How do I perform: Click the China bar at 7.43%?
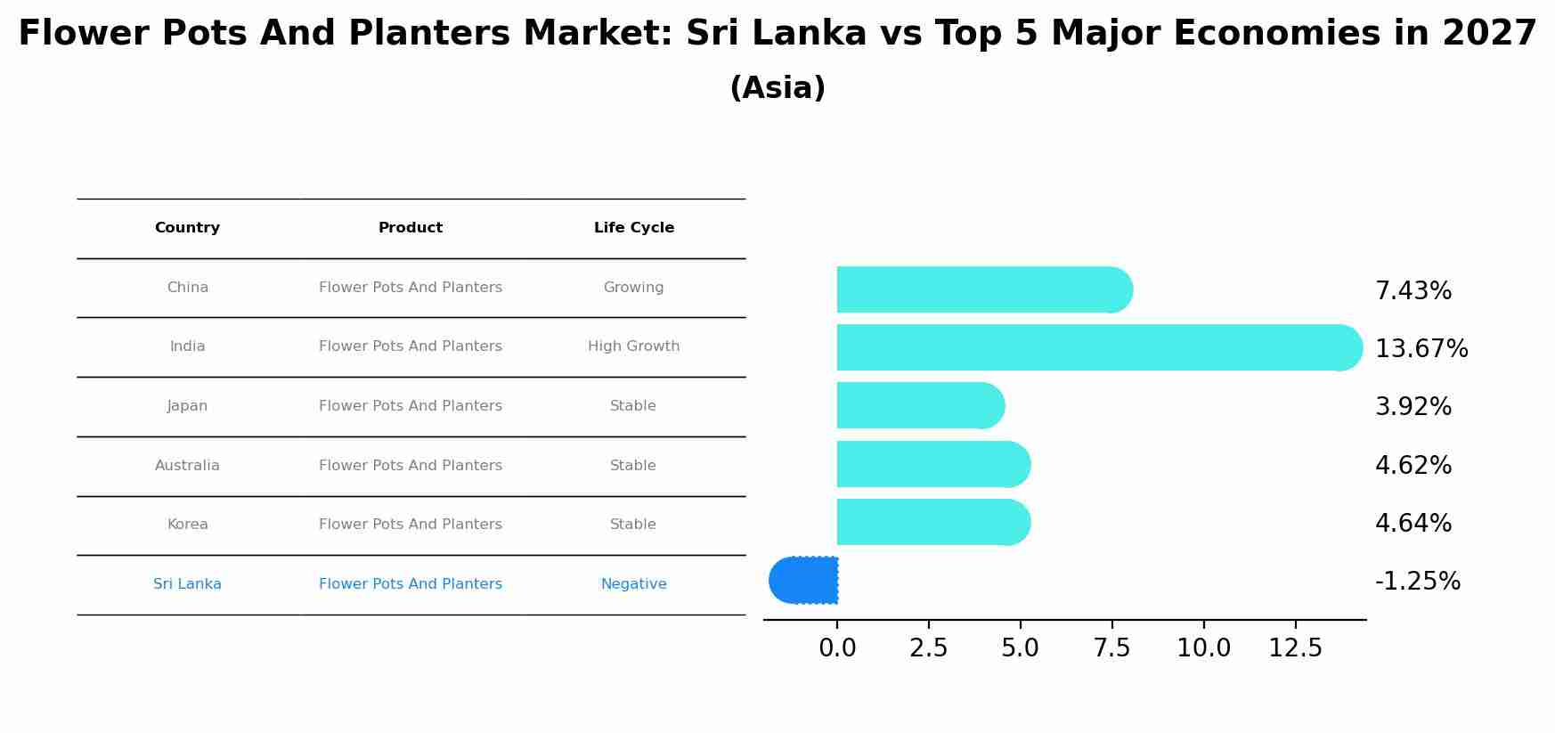click(980, 289)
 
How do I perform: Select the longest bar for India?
click(1095, 347)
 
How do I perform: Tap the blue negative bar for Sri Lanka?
click(804, 580)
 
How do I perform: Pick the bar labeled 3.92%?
click(917, 405)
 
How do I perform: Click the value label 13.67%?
click(1421, 349)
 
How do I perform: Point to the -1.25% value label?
click(1417, 582)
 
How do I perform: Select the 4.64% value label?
click(1413, 524)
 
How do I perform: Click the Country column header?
click(187, 228)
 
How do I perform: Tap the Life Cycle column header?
click(633, 228)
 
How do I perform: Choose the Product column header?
click(410, 228)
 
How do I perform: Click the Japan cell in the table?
click(187, 406)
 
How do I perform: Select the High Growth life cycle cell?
click(633, 346)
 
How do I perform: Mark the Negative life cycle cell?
click(633, 584)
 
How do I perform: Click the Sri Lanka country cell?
click(187, 584)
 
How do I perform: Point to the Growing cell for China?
click(633, 288)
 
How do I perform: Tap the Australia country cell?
click(187, 466)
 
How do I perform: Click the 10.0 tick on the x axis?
click(1203, 648)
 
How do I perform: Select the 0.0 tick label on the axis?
click(837, 648)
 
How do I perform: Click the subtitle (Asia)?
click(777, 88)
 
